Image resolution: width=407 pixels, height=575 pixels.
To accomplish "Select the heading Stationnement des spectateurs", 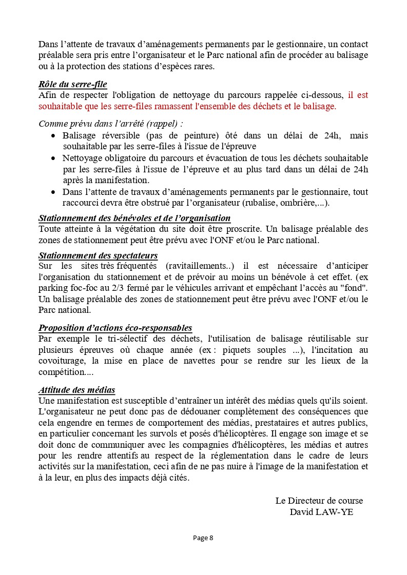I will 98,255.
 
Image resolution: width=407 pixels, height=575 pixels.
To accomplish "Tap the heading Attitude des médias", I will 77,390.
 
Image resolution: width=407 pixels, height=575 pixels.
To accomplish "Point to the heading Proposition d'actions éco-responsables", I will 115,328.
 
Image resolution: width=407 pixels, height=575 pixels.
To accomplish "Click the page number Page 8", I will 203,538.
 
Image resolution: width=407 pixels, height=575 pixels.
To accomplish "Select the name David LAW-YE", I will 321,511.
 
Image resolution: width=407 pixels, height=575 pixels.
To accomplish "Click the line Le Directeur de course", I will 319,501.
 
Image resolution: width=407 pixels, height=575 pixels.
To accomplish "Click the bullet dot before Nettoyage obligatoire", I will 54,158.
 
